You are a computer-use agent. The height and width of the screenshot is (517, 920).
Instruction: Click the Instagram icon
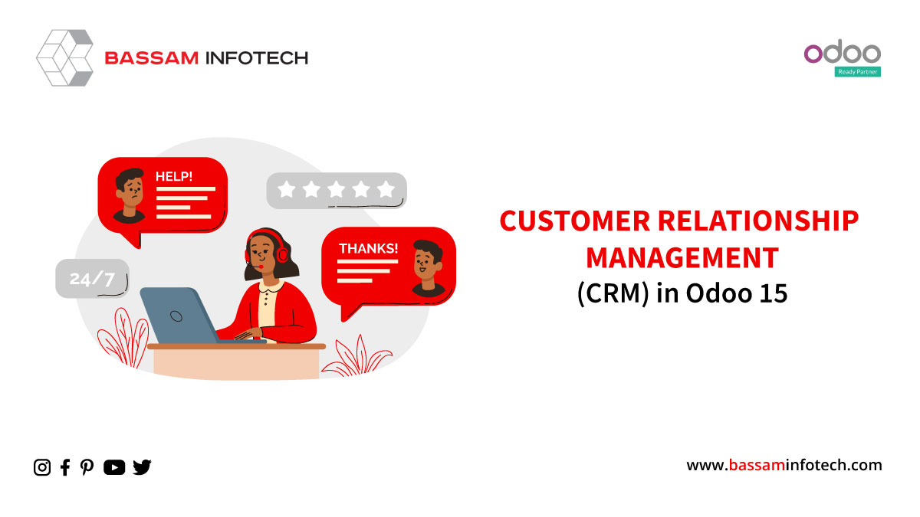pyautogui.click(x=42, y=467)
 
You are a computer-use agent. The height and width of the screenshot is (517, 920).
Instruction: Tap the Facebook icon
pyautogui.click(x=65, y=467)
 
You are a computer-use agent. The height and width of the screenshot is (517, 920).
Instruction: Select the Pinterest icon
pyautogui.click(x=87, y=467)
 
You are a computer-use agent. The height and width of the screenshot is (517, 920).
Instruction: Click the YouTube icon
pyautogui.click(x=114, y=467)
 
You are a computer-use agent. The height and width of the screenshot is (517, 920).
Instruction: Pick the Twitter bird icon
pyautogui.click(x=142, y=467)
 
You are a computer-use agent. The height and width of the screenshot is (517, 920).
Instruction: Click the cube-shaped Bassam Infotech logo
pyautogui.click(x=65, y=58)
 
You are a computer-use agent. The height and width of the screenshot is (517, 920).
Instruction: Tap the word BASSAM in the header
pyautogui.click(x=152, y=58)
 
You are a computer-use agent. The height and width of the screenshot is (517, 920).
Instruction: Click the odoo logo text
pyautogui.click(x=842, y=52)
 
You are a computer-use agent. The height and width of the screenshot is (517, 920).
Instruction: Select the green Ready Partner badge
pyautogui.click(x=858, y=72)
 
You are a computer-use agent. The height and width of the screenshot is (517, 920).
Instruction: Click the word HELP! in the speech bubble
pyautogui.click(x=174, y=176)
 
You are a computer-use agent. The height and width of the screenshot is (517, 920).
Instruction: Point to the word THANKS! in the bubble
pyautogui.click(x=368, y=249)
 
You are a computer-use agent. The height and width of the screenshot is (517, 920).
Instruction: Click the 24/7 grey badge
pyautogui.click(x=92, y=279)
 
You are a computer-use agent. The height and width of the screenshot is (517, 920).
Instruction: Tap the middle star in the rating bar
pyautogui.click(x=337, y=190)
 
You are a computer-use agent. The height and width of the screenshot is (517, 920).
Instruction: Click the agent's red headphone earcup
pyautogui.click(x=282, y=254)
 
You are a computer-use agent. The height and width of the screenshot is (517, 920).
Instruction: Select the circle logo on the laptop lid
pyautogui.click(x=176, y=316)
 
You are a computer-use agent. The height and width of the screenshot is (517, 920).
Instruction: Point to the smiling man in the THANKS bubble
pyautogui.click(x=427, y=267)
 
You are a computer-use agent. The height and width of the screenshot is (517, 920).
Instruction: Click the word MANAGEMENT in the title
pyautogui.click(x=682, y=257)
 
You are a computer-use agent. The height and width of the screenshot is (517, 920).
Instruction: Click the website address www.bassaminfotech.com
pyautogui.click(x=784, y=466)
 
